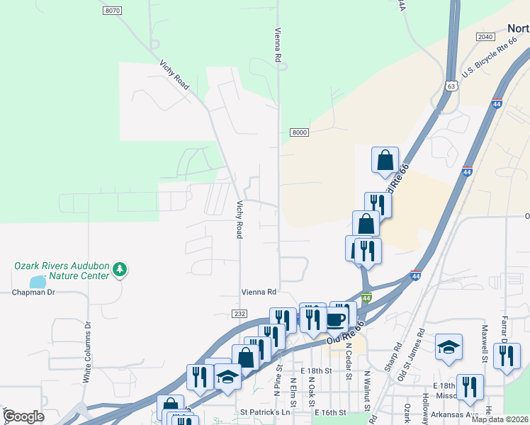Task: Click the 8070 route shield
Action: pyautogui.click(x=112, y=11)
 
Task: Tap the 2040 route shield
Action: pyautogui.click(x=485, y=37)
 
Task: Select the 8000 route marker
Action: pyautogui.click(x=300, y=132)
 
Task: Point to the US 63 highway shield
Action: pyautogui.click(x=452, y=86)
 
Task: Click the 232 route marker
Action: pyautogui.click(x=239, y=313)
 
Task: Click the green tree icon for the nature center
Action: pyautogui.click(x=120, y=269)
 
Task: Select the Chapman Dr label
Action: pyautogui.click(x=33, y=292)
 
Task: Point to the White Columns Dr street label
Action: pyautogui.click(x=87, y=353)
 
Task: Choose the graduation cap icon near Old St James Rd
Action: pyautogui.click(x=449, y=346)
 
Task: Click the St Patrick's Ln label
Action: pyautogui.click(x=265, y=412)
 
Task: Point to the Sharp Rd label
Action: pyautogui.click(x=398, y=358)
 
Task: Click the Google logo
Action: pyautogui.click(x=23, y=416)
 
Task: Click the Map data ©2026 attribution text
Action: pyautogui.click(x=500, y=419)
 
